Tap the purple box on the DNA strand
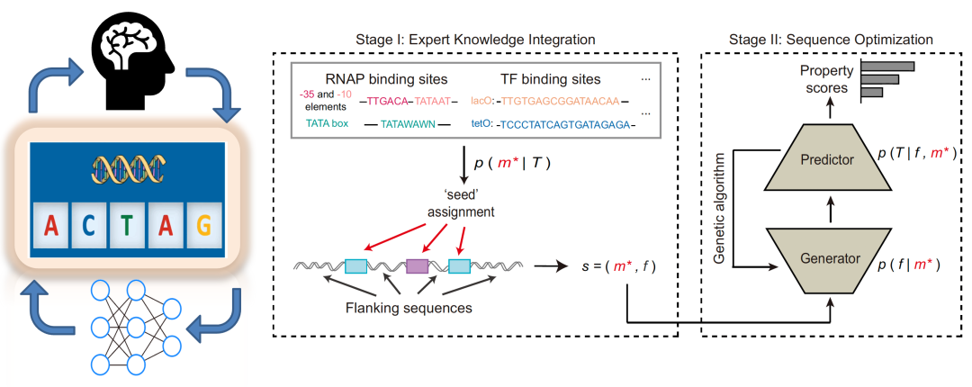coord(418,266)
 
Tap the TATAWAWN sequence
coord(408,124)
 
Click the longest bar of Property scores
coord(887,66)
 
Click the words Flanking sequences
coord(409,308)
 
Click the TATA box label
coord(327,123)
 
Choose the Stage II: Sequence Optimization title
coord(832,40)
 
